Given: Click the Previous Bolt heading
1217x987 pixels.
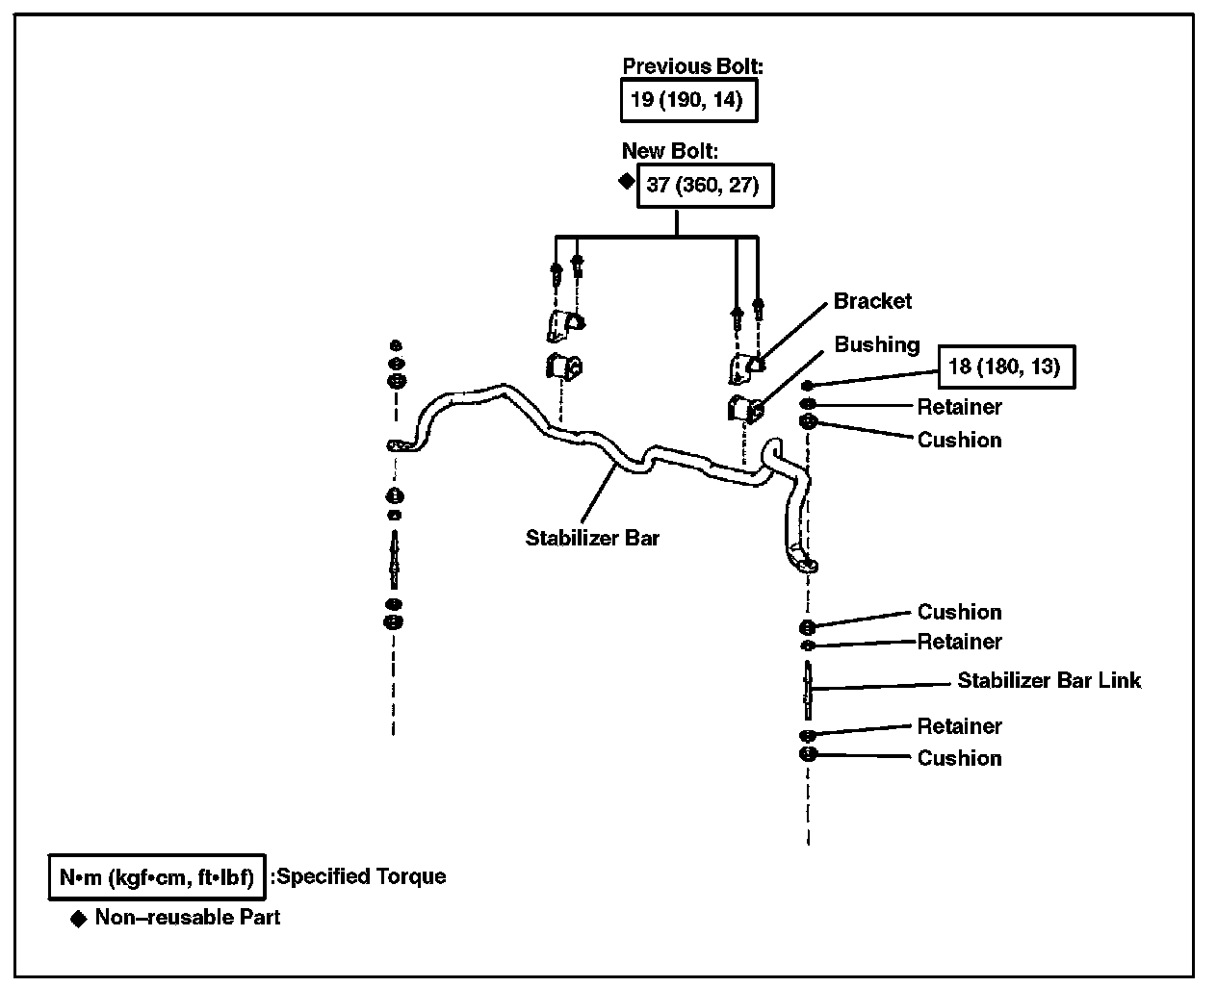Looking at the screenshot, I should tap(692, 66).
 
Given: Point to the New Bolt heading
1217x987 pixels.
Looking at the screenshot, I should tap(670, 151).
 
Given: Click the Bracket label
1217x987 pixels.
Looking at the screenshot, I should tap(872, 301).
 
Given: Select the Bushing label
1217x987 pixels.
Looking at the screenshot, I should tap(876, 344).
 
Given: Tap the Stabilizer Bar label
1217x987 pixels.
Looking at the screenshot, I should tap(592, 538).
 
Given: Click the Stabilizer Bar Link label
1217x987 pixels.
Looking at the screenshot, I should tap(1049, 680).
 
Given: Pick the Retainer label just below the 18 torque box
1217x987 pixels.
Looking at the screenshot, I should tap(959, 407).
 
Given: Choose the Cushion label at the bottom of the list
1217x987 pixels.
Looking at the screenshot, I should tap(959, 758).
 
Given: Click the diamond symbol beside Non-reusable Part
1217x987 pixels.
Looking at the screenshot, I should tap(79, 918).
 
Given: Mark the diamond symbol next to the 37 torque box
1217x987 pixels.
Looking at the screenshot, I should tap(626, 180).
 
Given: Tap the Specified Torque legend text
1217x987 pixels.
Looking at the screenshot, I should tap(358, 876).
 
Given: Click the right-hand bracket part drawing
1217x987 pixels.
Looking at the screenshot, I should tap(746, 367).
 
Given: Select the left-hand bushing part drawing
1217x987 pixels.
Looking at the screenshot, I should tap(564, 367).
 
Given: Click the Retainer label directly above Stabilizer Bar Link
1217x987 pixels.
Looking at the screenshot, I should tap(959, 642).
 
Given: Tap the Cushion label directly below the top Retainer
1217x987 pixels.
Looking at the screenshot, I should tap(959, 440).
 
